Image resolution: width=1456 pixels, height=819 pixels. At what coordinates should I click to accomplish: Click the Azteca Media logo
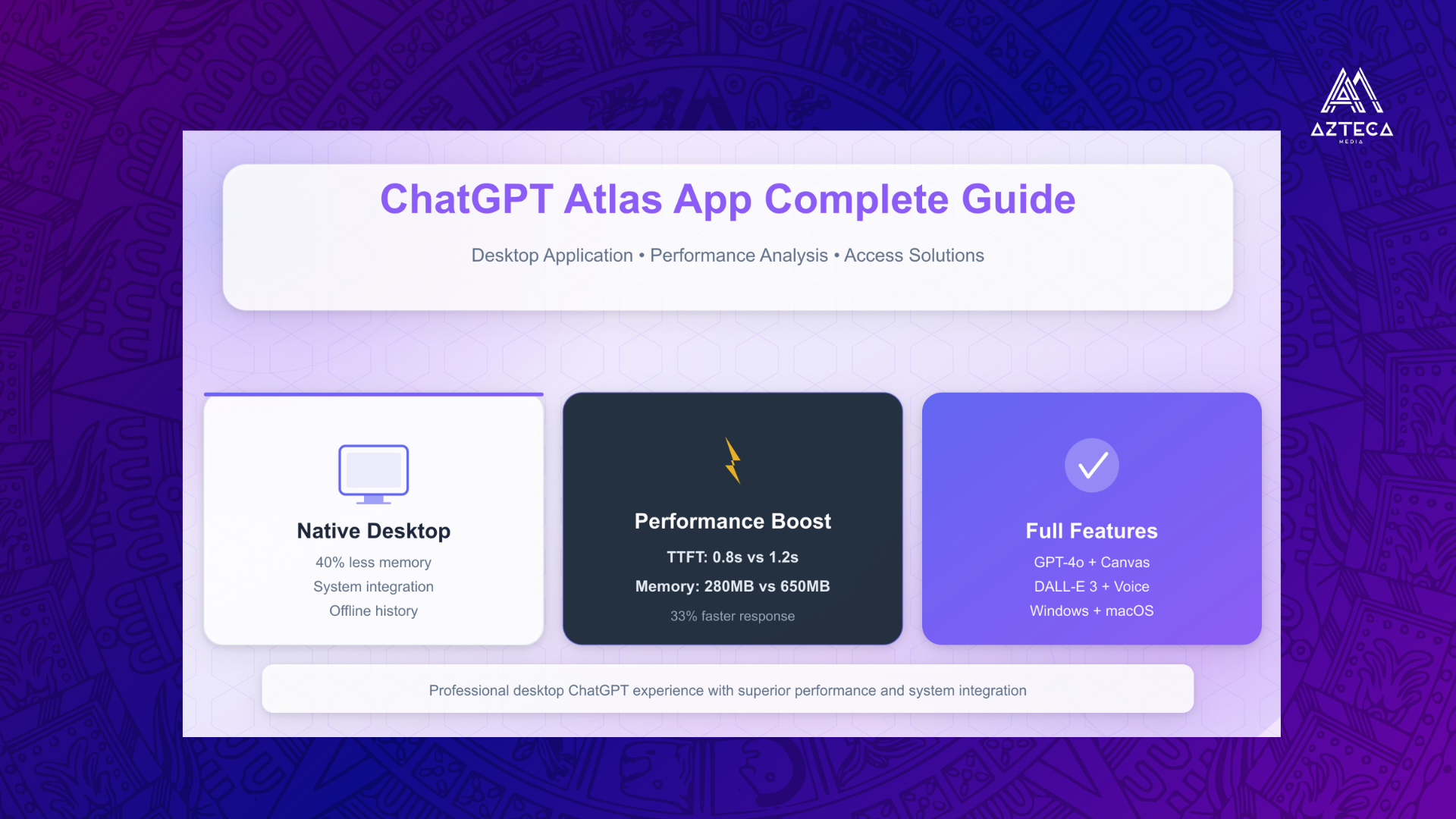tap(1352, 105)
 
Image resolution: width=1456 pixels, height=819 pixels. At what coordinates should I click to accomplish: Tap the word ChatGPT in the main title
tap(466, 199)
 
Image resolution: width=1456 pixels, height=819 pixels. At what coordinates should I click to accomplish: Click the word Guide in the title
tap(1018, 199)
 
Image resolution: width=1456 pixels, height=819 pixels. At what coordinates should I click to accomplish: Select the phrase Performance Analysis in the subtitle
tap(739, 256)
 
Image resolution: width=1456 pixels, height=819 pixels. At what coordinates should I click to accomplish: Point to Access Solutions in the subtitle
tap(914, 256)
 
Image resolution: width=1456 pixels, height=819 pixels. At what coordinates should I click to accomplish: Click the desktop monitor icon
tap(374, 474)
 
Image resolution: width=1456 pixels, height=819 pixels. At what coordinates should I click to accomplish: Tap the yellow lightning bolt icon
tap(733, 460)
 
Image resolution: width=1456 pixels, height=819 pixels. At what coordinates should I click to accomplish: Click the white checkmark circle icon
tap(1092, 465)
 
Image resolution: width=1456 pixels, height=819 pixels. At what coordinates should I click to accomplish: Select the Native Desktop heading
tap(374, 531)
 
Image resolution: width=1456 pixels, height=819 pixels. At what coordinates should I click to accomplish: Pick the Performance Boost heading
tap(733, 521)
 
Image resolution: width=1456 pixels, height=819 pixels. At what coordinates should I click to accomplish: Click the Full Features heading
tap(1092, 531)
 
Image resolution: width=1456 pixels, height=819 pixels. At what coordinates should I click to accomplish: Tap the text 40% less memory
tap(374, 563)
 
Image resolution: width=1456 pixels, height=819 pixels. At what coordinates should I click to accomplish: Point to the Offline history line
tap(374, 611)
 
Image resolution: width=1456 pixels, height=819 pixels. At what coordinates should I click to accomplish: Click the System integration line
tap(374, 587)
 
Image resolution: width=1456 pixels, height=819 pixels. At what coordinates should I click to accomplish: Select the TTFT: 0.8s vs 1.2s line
tap(733, 557)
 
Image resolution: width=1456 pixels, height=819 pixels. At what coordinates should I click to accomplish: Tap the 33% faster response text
tap(733, 617)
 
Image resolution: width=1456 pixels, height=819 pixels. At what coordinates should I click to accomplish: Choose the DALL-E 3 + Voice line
tap(1092, 587)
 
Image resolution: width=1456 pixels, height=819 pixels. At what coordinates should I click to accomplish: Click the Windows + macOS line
tap(1092, 611)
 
